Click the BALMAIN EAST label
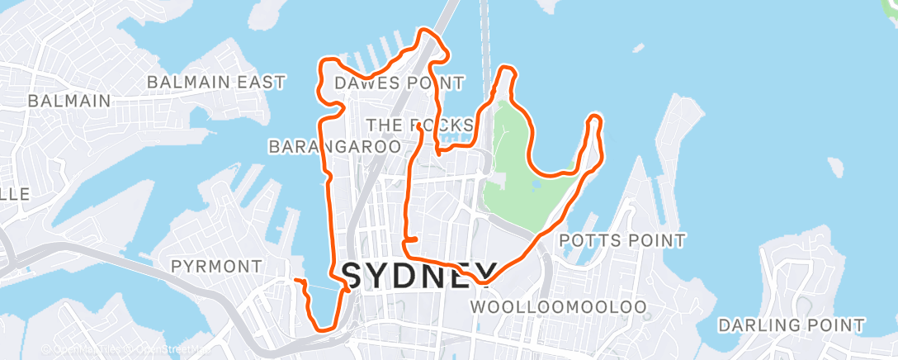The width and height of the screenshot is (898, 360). (216, 82)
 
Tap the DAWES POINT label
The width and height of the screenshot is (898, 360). (399, 83)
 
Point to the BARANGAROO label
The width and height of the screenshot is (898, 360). (334, 146)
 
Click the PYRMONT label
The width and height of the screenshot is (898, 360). (215, 266)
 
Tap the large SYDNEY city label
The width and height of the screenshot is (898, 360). (420, 274)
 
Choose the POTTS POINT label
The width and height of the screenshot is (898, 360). (622, 240)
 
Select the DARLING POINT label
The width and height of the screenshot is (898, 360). (791, 324)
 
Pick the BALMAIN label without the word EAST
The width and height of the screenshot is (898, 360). (69, 101)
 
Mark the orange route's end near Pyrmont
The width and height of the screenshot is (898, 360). (295, 281)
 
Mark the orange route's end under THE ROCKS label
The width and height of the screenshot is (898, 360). (420, 126)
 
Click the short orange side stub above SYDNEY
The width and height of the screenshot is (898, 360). (410, 239)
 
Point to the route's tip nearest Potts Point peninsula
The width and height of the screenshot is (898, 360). (594, 120)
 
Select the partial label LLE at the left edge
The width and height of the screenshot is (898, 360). (15, 193)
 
